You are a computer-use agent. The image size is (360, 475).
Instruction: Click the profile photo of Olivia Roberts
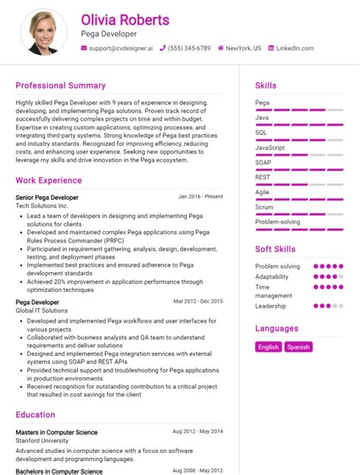coord(48,32)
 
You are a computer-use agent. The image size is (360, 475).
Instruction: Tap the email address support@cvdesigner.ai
coord(121,48)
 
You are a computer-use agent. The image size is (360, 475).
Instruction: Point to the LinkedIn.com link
coord(294,48)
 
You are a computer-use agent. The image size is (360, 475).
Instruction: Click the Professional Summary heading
coord(61,86)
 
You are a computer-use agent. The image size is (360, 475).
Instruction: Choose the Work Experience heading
coord(49,181)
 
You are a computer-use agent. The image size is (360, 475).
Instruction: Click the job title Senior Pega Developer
coord(46,198)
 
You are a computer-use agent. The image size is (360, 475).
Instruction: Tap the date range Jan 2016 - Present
coord(201,197)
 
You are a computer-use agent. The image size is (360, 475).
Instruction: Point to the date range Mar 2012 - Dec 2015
coord(198,302)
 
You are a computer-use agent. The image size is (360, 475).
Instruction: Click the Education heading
coord(35,415)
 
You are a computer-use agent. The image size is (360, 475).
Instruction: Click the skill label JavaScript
coord(270,147)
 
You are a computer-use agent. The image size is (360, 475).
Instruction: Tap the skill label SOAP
coord(264,162)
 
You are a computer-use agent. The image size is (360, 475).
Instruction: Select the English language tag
coord(269,347)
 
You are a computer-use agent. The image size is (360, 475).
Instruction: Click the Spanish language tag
coord(298,347)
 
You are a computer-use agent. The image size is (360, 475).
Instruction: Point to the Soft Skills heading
coord(274,249)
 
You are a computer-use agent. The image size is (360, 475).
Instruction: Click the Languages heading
coord(276,329)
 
